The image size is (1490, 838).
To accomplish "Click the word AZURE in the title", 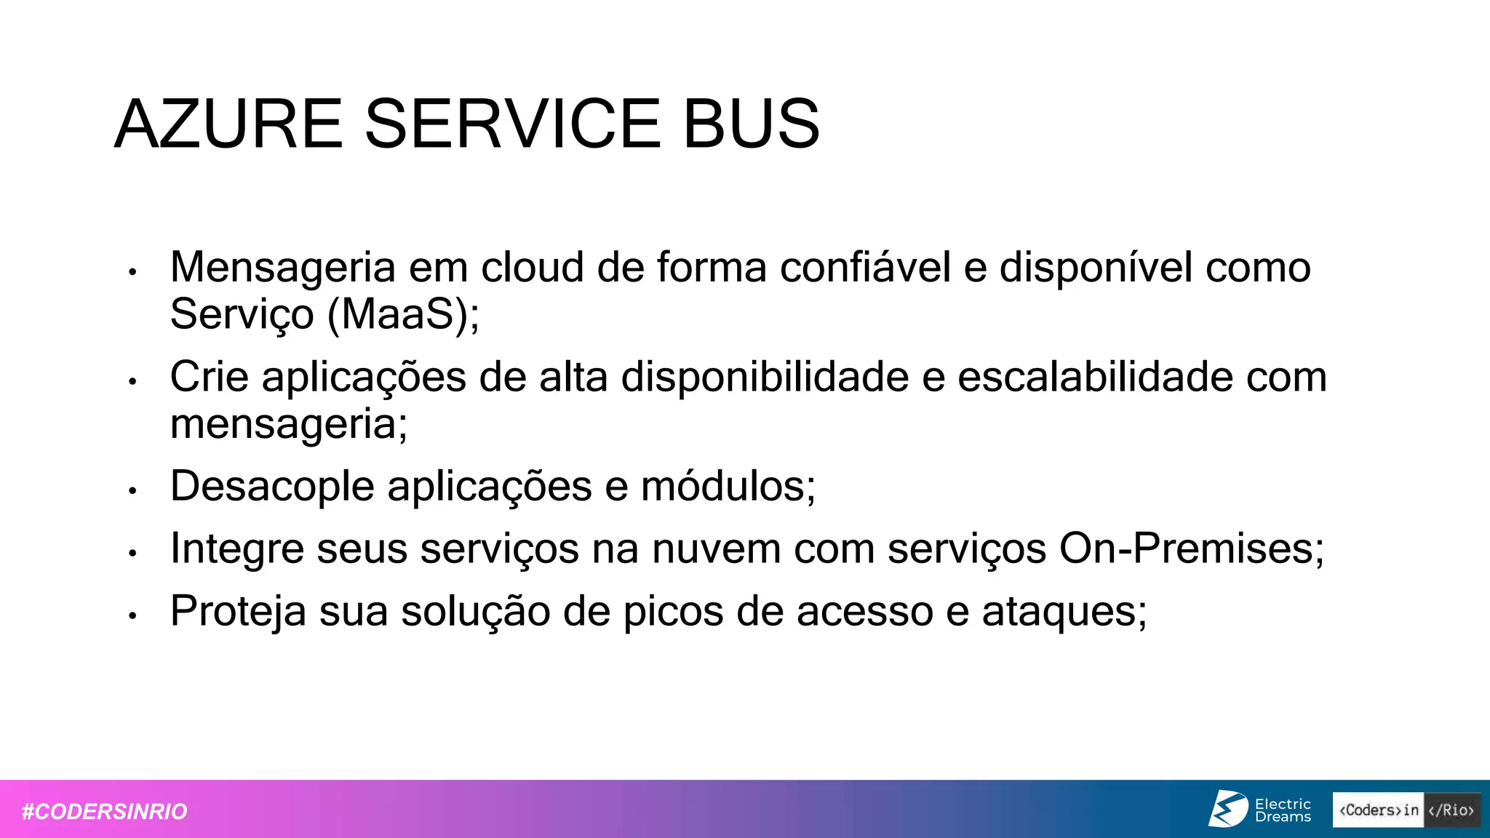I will (x=228, y=124).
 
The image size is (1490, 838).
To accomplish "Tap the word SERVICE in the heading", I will (x=512, y=124).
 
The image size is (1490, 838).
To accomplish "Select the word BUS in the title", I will (x=751, y=124).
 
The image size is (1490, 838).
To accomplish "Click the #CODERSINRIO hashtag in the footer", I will (x=105, y=811).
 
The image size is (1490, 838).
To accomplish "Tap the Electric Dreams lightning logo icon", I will (x=1228, y=809).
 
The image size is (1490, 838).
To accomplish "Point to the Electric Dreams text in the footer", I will (x=1283, y=810).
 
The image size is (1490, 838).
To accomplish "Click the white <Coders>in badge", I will (x=1378, y=810).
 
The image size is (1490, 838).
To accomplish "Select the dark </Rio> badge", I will (x=1451, y=810).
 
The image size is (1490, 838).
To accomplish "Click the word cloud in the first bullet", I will (x=533, y=267).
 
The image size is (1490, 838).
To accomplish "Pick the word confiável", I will (x=865, y=267).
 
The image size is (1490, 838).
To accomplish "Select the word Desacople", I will (x=272, y=486).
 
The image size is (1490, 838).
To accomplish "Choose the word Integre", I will (x=236, y=548).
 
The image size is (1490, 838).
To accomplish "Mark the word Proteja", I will (x=238, y=611).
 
